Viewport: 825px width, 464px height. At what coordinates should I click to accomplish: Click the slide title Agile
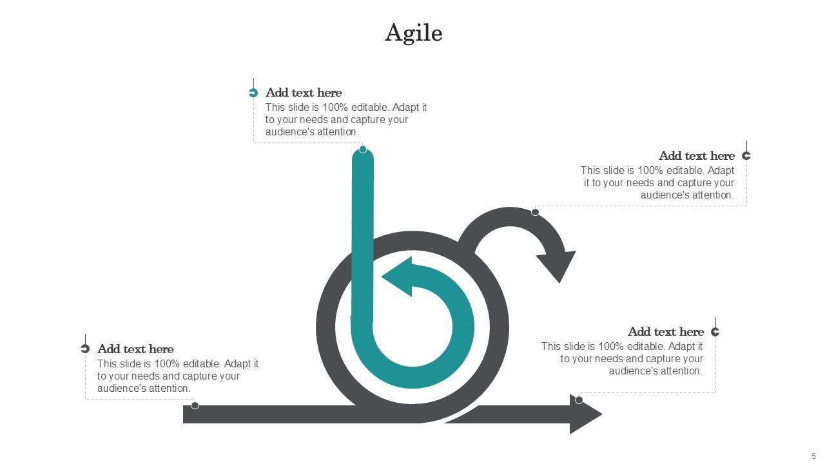point(413,33)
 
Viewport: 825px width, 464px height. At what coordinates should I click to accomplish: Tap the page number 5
point(813,456)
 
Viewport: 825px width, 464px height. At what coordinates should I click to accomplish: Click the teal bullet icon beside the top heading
point(253,93)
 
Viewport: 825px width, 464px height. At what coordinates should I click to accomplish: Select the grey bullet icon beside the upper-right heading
point(746,155)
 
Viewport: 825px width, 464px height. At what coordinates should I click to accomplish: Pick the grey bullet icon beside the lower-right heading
point(715,332)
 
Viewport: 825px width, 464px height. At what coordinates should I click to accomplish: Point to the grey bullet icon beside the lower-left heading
point(85,349)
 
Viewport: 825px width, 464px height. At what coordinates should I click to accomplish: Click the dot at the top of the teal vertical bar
point(363,150)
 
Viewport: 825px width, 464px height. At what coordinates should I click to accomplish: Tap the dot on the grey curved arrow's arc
point(535,212)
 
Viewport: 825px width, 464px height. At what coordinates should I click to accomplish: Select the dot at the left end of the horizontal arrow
point(195,405)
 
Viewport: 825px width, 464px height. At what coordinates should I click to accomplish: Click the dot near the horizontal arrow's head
point(579,400)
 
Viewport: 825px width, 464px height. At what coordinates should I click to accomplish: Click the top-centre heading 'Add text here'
point(304,93)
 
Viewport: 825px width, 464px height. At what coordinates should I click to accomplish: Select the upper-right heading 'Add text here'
point(696,156)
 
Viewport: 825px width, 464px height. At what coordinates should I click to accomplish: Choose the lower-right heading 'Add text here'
point(665,332)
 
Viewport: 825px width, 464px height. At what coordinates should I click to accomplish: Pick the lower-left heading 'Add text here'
point(135,349)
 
